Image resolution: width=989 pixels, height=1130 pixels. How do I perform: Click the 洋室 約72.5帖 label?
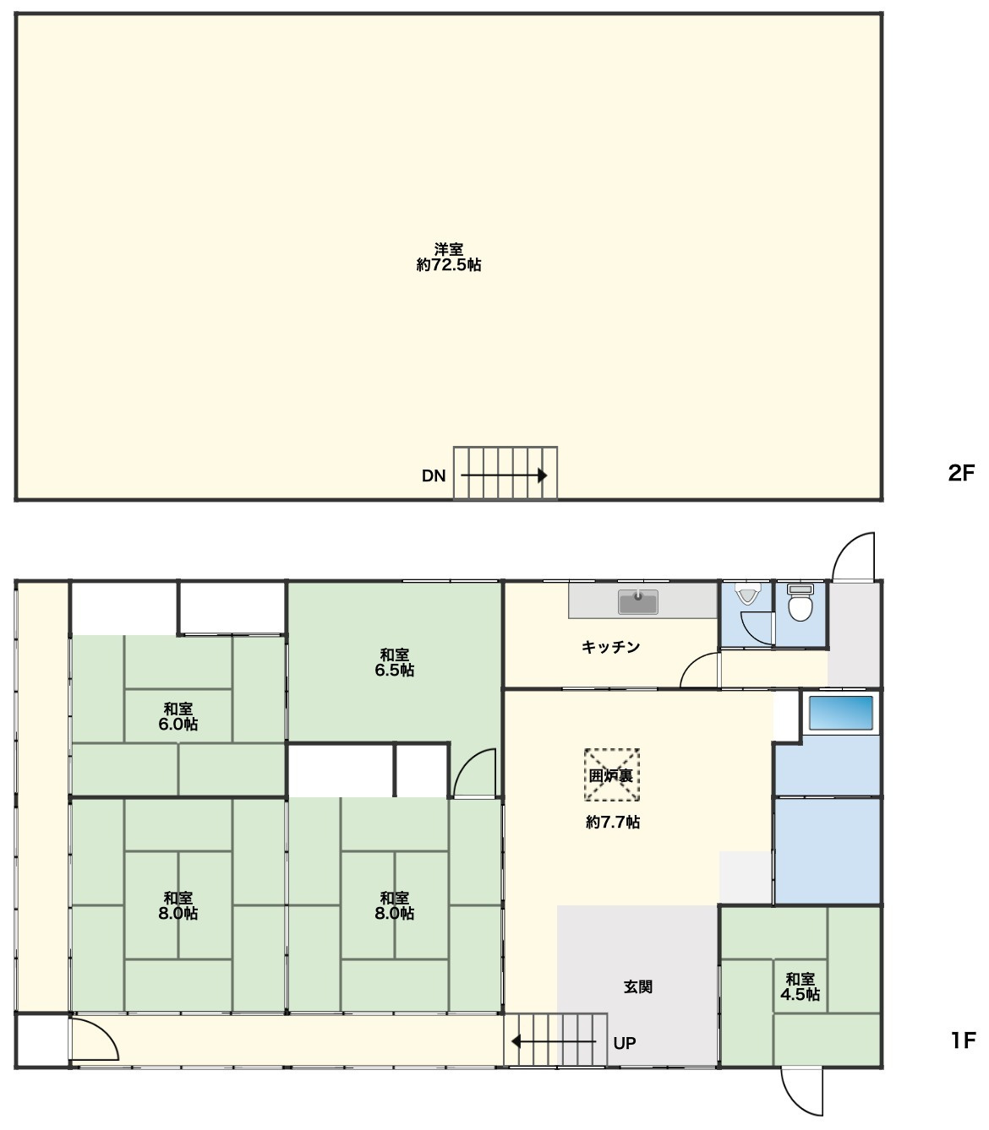tap(448, 257)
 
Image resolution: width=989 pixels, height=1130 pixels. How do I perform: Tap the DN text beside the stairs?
tap(434, 475)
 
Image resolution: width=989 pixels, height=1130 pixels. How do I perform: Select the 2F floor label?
tap(961, 473)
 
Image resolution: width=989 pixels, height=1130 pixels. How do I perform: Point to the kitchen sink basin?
tap(638, 601)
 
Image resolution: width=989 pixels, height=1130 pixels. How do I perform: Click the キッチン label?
tap(610, 647)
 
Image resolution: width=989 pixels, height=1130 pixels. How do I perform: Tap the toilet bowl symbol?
tap(800, 602)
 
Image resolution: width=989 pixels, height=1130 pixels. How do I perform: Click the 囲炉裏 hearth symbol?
tap(611, 775)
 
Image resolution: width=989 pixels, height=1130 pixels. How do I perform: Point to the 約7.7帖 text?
tap(613, 823)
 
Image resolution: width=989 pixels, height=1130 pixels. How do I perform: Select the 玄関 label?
tap(638, 986)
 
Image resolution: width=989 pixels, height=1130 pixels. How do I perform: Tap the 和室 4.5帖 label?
tap(800, 986)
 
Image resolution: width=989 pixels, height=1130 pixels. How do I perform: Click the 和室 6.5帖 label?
tap(394, 662)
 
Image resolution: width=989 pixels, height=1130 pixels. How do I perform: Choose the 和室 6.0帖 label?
tap(178, 716)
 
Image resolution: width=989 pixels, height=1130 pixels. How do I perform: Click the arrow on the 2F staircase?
tap(504, 475)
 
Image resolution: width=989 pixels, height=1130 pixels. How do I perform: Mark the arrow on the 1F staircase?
tap(554, 1041)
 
